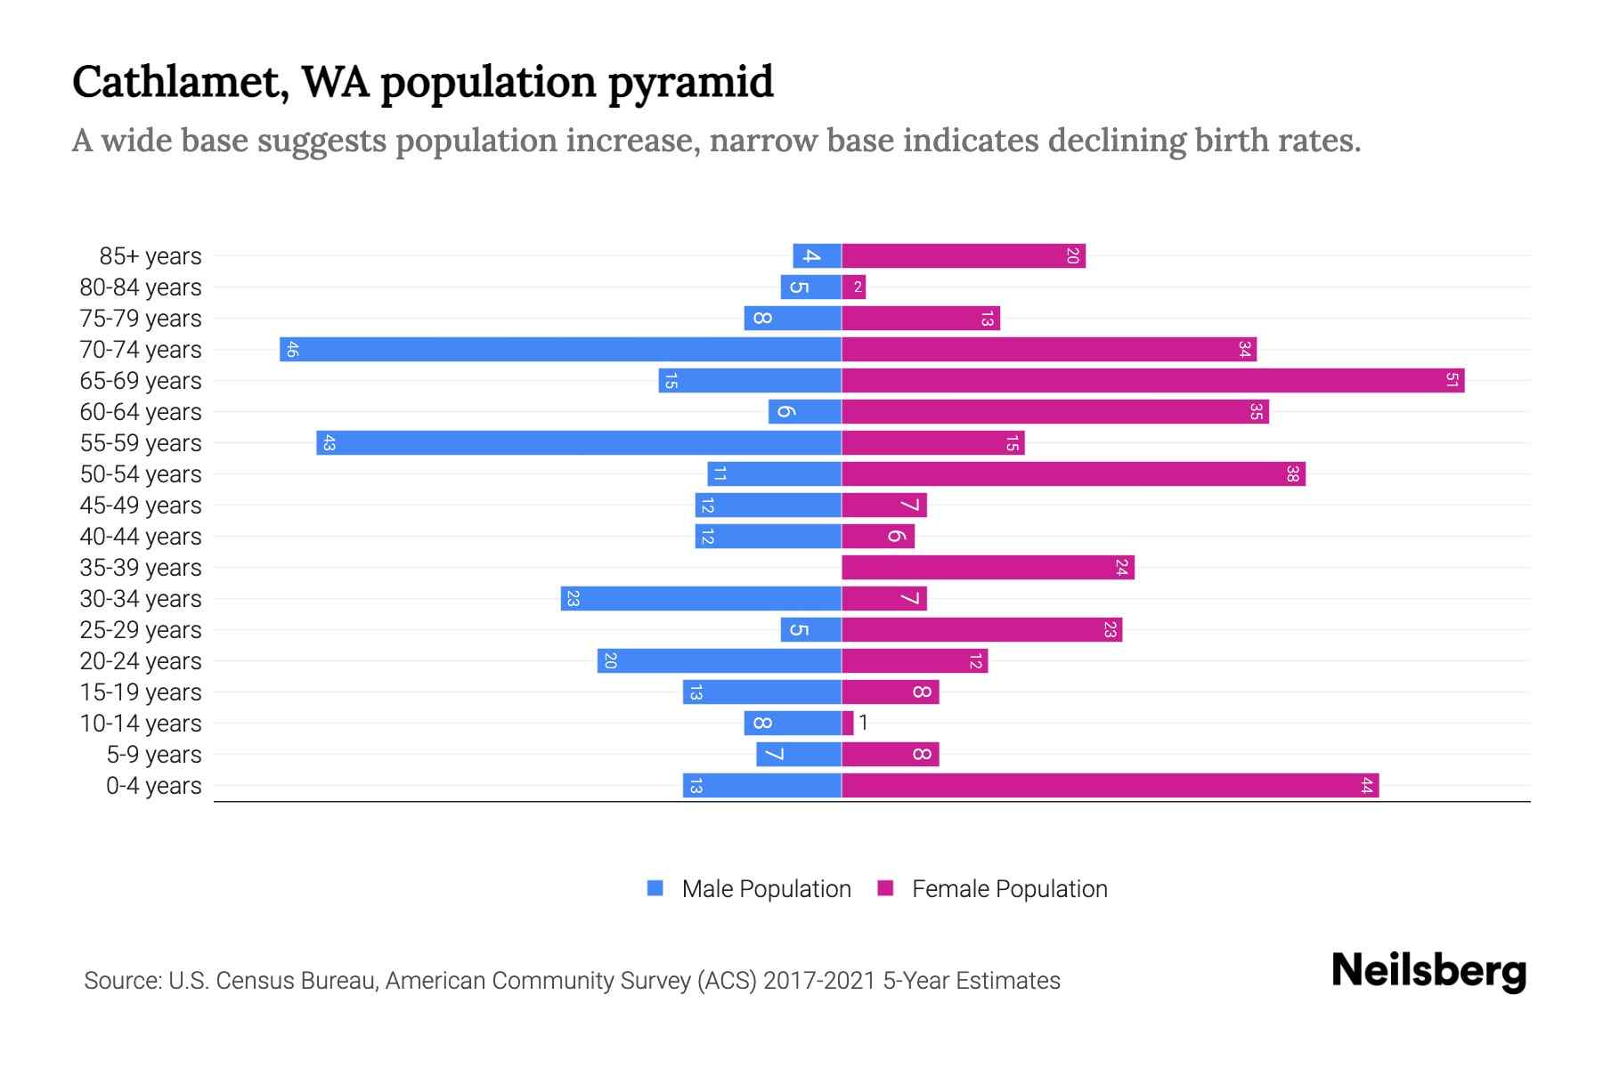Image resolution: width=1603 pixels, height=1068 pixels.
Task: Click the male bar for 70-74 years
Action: (x=561, y=350)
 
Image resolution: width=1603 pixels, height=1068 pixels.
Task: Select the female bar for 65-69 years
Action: (x=1152, y=381)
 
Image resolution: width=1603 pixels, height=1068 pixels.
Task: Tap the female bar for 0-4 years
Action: (x=1110, y=786)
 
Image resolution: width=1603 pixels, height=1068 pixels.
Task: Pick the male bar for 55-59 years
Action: (x=579, y=443)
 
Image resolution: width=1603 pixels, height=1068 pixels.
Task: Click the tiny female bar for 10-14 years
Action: (x=848, y=724)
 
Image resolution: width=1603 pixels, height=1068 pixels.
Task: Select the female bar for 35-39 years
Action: (x=988, y=568)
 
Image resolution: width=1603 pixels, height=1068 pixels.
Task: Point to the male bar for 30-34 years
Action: (x=701, y=599)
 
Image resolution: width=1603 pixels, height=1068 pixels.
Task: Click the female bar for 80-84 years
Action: (x=854, y=287)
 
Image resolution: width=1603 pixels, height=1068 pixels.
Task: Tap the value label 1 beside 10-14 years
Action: (x=864, y=723)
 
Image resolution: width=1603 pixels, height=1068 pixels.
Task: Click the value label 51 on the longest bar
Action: (x=1452, y=381)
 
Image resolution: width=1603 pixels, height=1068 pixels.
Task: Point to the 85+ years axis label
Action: (x=151, y=256)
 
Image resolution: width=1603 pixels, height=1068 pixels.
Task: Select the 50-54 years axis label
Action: (x=141, y=474)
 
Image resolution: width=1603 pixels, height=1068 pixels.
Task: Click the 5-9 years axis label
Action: (x=153, y=755)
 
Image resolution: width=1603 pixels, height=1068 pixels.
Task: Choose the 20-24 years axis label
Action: (x=141, y=661)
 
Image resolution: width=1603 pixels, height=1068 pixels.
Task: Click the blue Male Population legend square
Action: (x=655, y=888)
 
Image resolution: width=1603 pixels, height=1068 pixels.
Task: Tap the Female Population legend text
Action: (x=1009, y=889)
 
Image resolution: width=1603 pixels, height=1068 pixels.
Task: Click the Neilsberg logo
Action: (x=1428, y=971)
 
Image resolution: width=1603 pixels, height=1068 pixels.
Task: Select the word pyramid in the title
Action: (x=690, y=83)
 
